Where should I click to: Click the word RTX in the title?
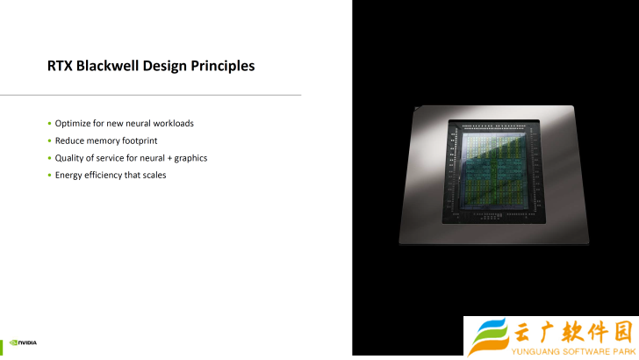pos(60,66)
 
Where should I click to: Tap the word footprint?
pos(140,140)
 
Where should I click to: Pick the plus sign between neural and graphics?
pos(169,158)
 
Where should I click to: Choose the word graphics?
pos(190,158)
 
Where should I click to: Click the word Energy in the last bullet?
pos(68,176)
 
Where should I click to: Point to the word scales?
pos(154,175)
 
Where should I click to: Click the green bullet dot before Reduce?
pos(50,140)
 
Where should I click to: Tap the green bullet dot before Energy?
pos(50,176)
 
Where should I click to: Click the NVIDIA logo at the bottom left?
pos(23,342)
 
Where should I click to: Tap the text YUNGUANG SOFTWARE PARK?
pos(573,351)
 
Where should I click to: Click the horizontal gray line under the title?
pos(150,95)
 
